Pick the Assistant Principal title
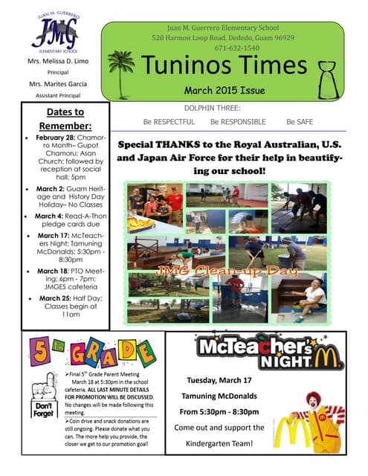click(54, 95)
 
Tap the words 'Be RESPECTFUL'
click(169, 120)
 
